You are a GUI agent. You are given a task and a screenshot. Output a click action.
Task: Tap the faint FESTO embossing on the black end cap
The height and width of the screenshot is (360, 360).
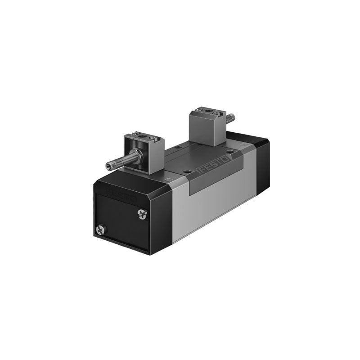(121, 195)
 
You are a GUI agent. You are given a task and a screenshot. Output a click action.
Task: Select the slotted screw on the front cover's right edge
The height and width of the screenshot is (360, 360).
(143, 214)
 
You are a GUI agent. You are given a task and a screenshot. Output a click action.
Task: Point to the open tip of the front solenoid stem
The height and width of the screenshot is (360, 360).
(108, 165)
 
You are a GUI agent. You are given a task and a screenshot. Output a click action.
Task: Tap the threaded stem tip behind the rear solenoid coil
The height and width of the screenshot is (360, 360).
(231, 118)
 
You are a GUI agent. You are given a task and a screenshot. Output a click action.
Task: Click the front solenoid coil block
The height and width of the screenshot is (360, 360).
(144, 153)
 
